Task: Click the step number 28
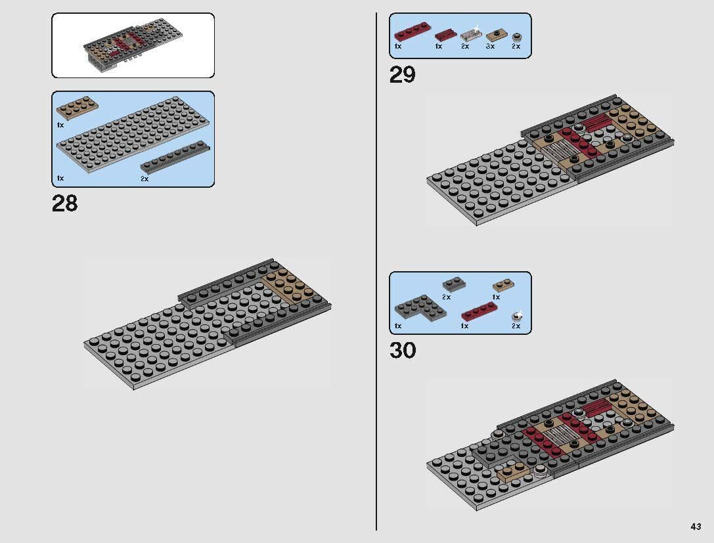64,204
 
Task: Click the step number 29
402,75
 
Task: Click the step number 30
403,351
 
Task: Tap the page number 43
696,527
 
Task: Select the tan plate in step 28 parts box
77,108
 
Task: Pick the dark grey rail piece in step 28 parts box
175,157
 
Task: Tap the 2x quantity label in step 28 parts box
145,179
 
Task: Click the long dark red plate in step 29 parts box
412,33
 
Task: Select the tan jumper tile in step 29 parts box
496,35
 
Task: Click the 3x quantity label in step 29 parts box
490,46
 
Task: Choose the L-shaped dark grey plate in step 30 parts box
420,307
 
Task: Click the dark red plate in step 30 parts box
479,313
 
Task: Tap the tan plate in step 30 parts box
503,286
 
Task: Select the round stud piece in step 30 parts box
517,316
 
